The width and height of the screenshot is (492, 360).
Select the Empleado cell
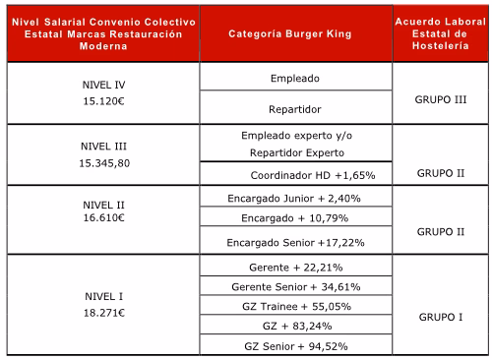pyautogui.click(x=295, y=79)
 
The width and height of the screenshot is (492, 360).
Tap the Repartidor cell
pyautogui.click(x=295, y=109)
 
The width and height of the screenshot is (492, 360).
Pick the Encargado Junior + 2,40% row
pyautogui.click(x=294, y=199)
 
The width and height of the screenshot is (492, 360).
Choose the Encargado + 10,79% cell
pyautogui.click(x=295, y=218)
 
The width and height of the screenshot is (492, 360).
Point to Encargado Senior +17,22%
pyautogui.click(x=295, y=243)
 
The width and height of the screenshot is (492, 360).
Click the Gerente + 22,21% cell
pyautogui.click(x=296, y=268)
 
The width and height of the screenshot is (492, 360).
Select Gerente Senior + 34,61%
pyautogui.click(x=296, y=287)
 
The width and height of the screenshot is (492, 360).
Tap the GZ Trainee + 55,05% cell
pyautogui.click(x=296, y=307)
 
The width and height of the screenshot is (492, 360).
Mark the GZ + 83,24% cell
pyautogui.click(x=297, y=327)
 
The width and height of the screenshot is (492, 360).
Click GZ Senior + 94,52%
pyautogui.click(x=296, y=346)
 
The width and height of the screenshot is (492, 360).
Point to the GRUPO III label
pyautogui.click(x=441, y=99)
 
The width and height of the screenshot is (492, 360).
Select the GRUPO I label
pyautogui.click(x=441, y=317)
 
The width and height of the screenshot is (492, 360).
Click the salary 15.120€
pyautogui.click(x=103, y=101)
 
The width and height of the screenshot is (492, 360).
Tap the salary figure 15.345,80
pyautogui.click(x=104, y=163)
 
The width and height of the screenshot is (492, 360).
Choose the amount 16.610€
pyautogui.click(x=103, y=217)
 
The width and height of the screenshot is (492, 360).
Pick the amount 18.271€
pyautogui.click(x=104, y=313)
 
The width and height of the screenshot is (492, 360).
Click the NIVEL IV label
pyautogui.click(x=103, y=85)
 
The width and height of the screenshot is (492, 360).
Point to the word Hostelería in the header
pyautogui.click(x=441, y=45)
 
